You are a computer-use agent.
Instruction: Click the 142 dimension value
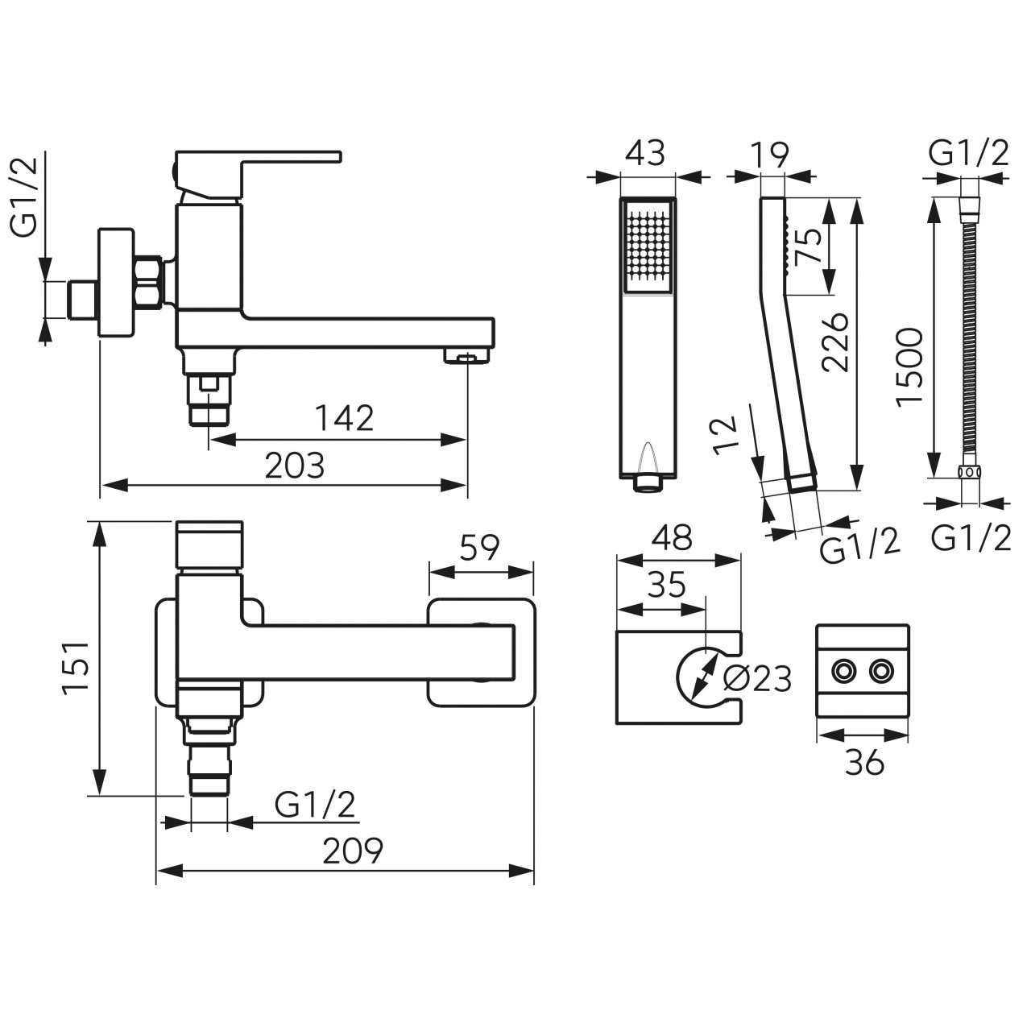[x=345, y=418]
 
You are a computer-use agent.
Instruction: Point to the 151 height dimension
[x=76, y=667]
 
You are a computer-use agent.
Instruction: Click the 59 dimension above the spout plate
[x=479, y=548]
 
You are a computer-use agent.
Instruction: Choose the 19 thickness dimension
[x=770, y=155]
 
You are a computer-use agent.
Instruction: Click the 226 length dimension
[x=836, y=342]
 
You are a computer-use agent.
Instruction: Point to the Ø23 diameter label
[x=756, y=680]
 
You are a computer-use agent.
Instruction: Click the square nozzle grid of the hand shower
[x=648, y=246]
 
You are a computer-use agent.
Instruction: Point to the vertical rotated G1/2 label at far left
[x=25, y=197]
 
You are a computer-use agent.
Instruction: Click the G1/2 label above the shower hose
[x=968, y=154]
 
